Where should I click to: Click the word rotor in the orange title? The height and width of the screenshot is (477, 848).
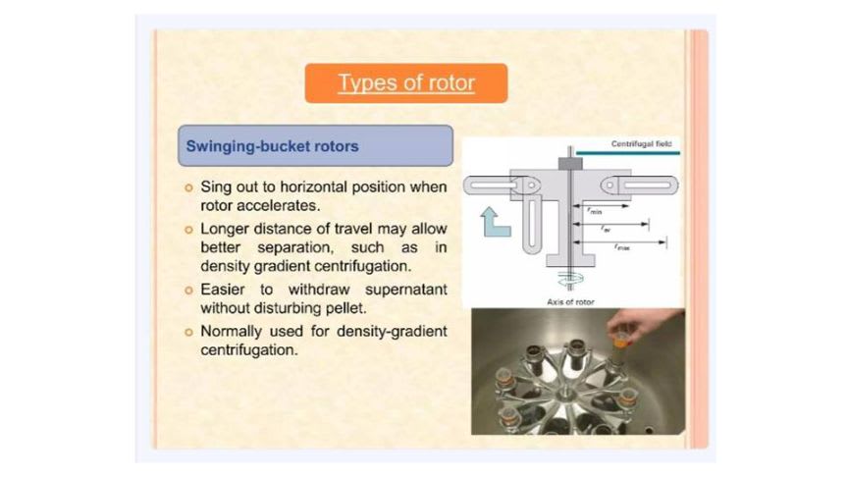[449, 83]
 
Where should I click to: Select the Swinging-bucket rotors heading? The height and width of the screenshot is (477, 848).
[273, 146]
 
